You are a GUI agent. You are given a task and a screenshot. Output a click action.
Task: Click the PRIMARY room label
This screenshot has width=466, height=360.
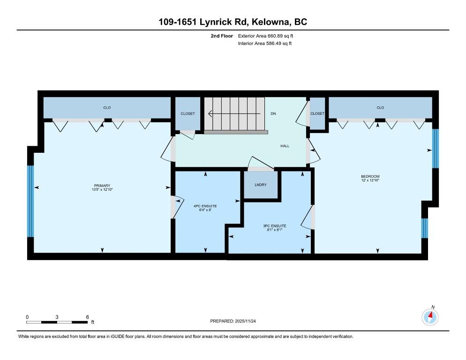pos(102,186)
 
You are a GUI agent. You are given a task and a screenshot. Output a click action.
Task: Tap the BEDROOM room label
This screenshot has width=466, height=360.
pos(370,176)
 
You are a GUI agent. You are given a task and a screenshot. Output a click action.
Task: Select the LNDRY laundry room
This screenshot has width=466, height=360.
pos(261,185)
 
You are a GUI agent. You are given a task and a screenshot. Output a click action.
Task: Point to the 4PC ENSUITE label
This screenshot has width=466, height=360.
pos(205,206)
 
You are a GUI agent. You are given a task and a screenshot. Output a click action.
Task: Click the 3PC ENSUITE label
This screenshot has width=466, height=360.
pos(275,226)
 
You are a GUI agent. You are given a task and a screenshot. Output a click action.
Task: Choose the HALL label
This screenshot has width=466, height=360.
pos(285,146)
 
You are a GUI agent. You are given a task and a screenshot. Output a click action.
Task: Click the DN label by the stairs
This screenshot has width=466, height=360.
pos(273,113)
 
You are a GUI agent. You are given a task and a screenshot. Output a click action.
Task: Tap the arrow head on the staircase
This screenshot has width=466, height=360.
pos(210,113)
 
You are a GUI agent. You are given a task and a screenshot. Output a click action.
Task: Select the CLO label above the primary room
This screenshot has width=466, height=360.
pos(107,108)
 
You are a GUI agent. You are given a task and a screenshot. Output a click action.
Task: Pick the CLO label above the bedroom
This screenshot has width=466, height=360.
pos(380,108)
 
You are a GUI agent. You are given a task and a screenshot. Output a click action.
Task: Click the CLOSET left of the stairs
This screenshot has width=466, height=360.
pos(188,113)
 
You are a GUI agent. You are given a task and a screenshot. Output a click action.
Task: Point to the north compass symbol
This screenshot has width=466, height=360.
pos(430,317)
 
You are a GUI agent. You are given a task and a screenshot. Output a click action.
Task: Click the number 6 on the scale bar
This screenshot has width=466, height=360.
pos(87,317)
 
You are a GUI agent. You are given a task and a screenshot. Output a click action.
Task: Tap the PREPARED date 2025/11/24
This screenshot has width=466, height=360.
pos(246,321)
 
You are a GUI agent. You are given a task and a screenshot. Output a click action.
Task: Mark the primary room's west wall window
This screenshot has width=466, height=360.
pos(30,201)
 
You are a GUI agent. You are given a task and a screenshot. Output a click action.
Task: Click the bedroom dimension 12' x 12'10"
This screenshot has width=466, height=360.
pos(370,180)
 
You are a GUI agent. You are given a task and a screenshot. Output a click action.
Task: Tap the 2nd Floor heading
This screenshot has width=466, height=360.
pos(222,36)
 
